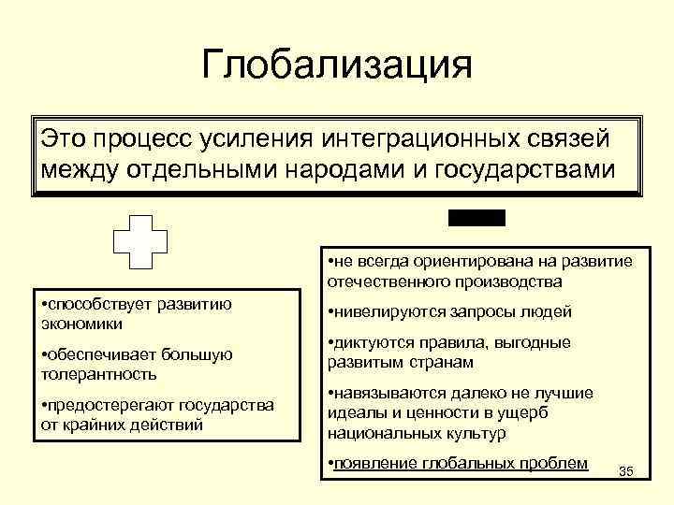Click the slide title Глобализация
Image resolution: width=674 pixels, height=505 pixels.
coord(337,66)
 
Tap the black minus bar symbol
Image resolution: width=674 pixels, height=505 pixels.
coord(476,218)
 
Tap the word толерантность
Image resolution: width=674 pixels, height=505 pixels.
coord(99,373)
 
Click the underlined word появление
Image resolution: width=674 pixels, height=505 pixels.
coord(371,463)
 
